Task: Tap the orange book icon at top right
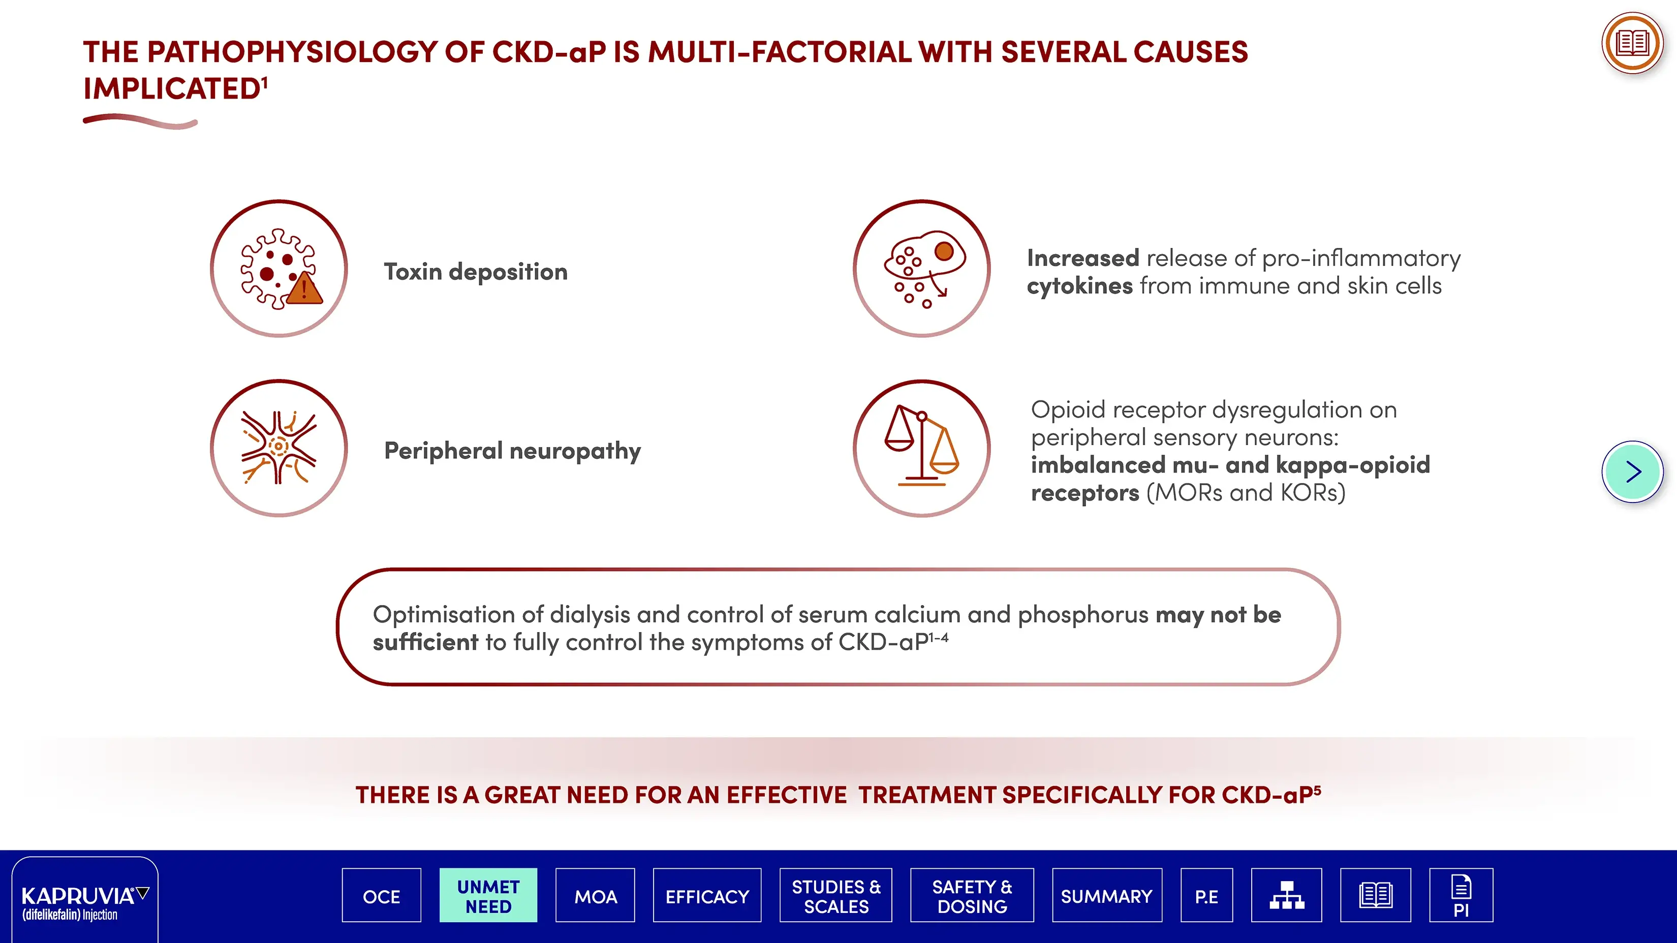1632,44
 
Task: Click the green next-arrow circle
1632,472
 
